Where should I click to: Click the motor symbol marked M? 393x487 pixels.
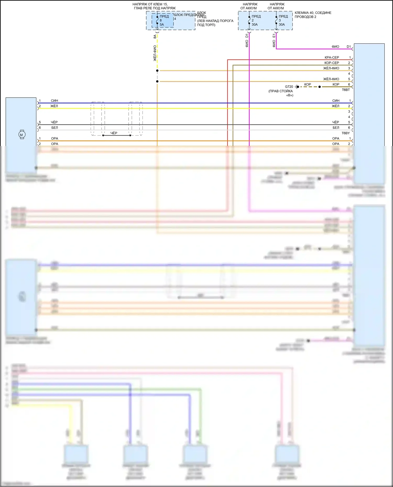[x=22, y=135]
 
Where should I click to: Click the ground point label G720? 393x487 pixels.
[x=289, y=87]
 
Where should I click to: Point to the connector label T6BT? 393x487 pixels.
[x=346, y=90]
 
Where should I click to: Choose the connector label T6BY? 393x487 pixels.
[x=346, y=133]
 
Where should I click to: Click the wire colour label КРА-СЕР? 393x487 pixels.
[x=332, y=57]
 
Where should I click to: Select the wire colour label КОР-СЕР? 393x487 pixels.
[x=331, y=63]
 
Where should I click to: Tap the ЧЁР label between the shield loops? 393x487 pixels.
[x=114, y=133]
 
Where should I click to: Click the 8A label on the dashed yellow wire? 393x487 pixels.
[x=155, y=37]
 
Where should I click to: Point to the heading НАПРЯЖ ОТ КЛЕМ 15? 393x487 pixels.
[x=150, y=4]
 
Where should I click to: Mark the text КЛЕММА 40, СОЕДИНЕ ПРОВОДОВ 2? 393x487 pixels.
[x=313, y=15]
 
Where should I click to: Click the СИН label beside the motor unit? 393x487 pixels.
[x=54, y=100]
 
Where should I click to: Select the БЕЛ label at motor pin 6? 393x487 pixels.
[x=54, y=127]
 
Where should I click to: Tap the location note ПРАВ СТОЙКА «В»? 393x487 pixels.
[x=281, y=93]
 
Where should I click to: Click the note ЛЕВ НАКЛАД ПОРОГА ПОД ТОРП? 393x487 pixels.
[x=215, y=23]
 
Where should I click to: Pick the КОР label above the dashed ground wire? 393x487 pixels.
[x=308, y=84]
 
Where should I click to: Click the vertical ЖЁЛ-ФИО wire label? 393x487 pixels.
[x=155, y=53]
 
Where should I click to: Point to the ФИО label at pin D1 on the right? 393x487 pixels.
[x=335, y=47]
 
